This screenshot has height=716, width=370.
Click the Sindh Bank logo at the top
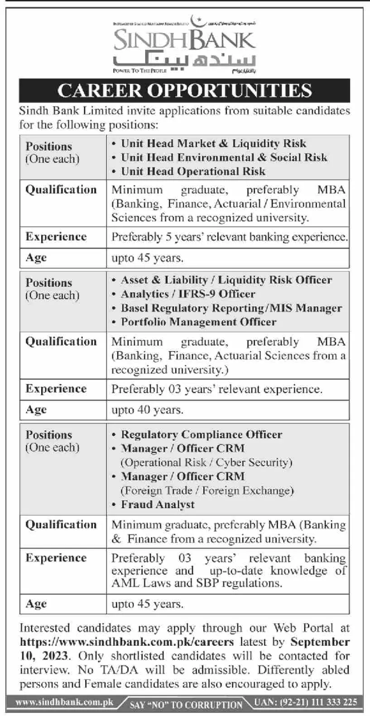[184, 45]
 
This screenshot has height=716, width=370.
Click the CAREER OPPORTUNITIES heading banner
[184, 90]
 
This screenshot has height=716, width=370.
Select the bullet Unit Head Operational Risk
[193, 172]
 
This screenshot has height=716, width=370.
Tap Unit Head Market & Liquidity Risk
[213, 144]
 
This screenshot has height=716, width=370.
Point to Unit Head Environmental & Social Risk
[224, 157]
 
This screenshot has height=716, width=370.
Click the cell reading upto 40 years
[148, 410]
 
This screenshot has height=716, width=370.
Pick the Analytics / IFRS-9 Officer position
[188, 294]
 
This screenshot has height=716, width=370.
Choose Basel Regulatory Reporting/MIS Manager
[231, 308]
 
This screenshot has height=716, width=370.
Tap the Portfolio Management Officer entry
[198, 322]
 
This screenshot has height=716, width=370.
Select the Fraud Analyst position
[158, 505]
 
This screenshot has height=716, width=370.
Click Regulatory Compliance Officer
[202, 435]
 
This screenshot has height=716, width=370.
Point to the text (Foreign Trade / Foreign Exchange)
[207, 490]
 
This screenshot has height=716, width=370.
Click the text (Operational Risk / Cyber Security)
[207, 462]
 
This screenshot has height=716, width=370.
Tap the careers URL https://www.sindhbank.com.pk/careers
[127, 642]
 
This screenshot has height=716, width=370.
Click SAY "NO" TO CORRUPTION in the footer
[186, 705]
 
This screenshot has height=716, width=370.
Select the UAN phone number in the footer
[306, 702]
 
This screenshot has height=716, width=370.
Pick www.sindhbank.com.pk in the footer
[64, 702]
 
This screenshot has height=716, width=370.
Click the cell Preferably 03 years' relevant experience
[217, 389]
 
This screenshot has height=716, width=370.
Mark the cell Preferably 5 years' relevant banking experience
[230, 237]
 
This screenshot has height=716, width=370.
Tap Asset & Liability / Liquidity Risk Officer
[226, 280]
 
